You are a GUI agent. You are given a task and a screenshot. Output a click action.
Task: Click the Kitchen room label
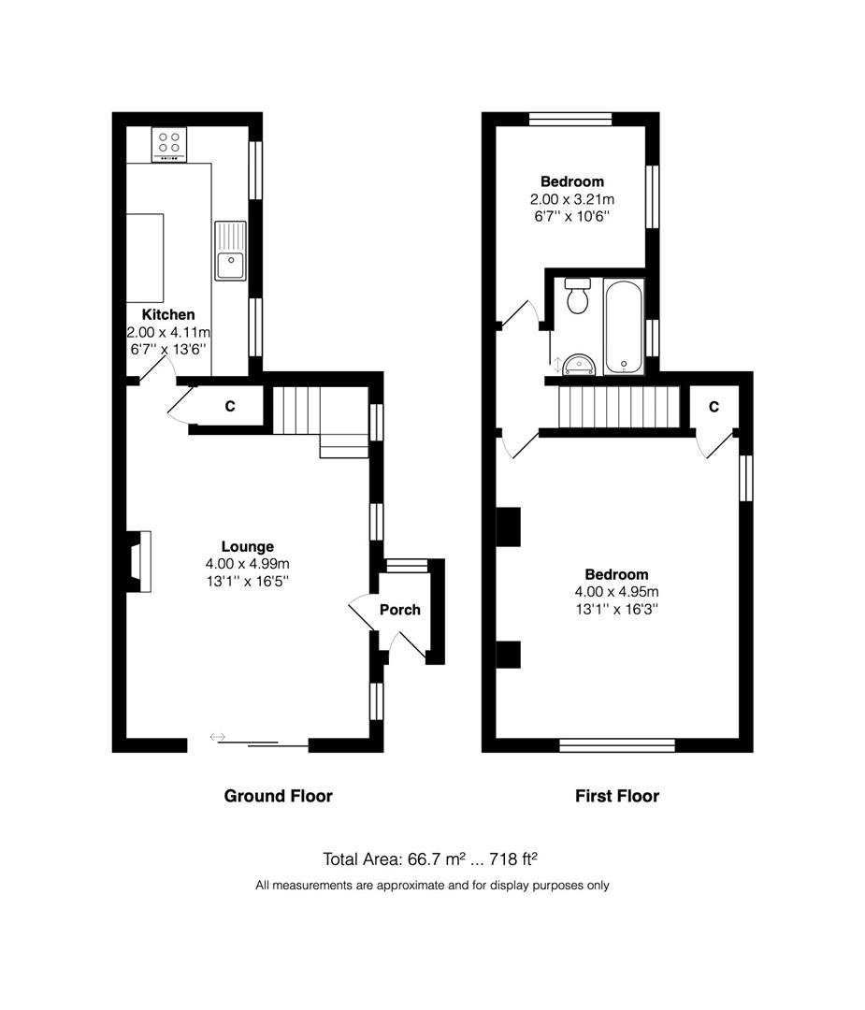pos(168,314)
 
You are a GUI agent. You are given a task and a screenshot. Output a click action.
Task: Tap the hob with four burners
pos(169,144)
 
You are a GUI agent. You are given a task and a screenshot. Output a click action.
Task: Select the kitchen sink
pos(231,251)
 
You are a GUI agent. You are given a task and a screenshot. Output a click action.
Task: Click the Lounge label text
pos(247,546)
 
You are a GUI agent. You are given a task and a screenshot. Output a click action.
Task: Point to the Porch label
pos(400,610)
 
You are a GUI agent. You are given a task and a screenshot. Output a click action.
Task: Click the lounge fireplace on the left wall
pos(138,561)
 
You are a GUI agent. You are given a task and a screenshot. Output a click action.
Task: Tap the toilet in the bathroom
pos(578,296)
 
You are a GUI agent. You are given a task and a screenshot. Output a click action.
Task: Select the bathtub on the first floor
pos(624,326)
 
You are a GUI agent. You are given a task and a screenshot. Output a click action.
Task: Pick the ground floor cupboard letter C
pos(230,406)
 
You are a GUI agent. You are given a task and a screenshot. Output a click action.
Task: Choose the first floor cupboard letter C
pos(714,407)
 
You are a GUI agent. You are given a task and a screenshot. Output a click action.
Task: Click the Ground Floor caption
pos(279,796)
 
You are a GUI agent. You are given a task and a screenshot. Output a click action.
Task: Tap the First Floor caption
pos(617,796)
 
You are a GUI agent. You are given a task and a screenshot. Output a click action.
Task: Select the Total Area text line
pos(429,858)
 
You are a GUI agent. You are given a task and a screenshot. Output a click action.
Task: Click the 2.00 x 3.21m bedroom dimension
pos(572,199)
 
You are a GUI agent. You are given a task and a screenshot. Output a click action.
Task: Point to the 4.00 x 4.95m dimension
pos(617,591)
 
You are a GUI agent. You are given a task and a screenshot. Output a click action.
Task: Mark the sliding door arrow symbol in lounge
pos(218,737)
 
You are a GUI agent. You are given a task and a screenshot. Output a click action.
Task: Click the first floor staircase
pos(619,407)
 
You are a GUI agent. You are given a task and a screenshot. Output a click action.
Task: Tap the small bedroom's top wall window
pos(570,119)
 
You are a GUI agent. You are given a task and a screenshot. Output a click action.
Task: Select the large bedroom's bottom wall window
pos(617,745)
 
